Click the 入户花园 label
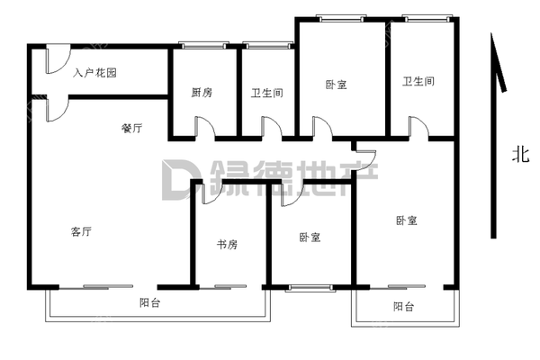95,73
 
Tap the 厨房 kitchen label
202,92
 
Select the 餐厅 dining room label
131,129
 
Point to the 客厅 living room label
81,231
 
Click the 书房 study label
227,244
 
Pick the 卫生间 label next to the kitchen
265,92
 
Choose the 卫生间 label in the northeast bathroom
419,82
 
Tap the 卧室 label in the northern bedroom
336,85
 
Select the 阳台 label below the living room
150,302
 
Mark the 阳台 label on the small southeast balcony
404,307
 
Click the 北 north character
519,155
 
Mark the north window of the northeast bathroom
426,17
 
